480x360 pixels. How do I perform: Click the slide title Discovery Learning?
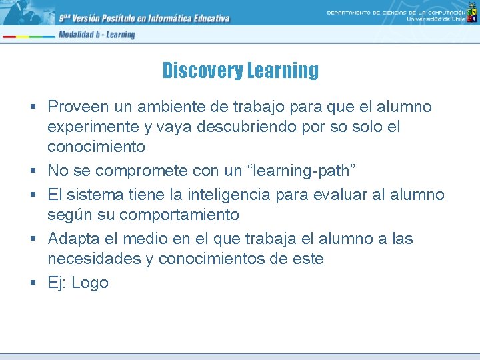coord(240,70)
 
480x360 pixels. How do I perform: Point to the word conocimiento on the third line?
coord(96,146)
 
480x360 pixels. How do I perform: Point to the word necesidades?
coord(94,259)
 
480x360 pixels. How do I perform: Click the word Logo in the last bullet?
coord(90,283)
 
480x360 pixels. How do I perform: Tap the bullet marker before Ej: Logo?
coord(33,283)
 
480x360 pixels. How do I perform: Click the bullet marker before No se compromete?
coord(33,171)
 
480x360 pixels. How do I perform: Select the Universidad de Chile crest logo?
coord(472,14)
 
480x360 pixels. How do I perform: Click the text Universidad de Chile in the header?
coord(436,19)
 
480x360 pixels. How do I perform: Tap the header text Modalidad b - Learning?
coord(97,35)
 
